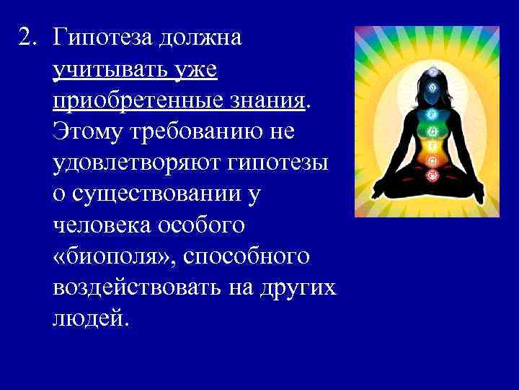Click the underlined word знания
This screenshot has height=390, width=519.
(267, 102)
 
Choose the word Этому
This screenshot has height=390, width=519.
(89, 133)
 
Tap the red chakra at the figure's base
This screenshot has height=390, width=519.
(432, 175)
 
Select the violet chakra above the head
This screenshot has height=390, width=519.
(432, 71)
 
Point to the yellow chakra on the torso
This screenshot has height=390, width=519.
(432, 147)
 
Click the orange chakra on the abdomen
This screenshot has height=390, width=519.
(432, 161)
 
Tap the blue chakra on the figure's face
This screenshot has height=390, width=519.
(432, 88)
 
